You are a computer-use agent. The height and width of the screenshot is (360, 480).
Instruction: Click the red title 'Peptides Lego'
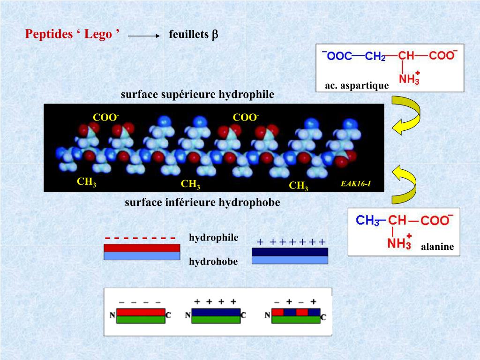click(72, 34)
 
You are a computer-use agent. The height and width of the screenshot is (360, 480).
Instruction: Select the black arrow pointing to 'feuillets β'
click(144, 35)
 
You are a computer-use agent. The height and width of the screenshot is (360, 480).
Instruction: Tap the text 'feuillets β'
click(194, 35)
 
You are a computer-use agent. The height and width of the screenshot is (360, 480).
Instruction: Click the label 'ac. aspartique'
click(357, 85)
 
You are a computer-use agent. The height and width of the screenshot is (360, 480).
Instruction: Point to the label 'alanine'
click(437, 247)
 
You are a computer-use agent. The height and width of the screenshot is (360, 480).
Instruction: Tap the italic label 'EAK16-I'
click(356, 183)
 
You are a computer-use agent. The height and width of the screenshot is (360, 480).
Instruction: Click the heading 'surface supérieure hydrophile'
click(197, 95)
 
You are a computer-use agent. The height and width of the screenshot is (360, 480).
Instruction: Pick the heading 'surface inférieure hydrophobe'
click(202, 202)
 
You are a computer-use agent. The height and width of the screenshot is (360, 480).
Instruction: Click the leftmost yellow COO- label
click(106, 117)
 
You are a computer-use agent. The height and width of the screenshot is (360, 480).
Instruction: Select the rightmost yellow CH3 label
click(299, 186)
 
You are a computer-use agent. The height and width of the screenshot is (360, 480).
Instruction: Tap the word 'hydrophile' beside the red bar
click(214, 238)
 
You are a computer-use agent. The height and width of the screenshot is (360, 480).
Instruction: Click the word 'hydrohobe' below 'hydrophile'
click(213, 262)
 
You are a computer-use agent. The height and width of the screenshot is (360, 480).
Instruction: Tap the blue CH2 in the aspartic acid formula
click(375, 56)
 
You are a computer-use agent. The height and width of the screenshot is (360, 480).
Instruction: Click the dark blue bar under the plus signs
click(290, 252)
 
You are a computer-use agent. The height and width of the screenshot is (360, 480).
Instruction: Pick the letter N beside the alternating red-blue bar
click(268, 315)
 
